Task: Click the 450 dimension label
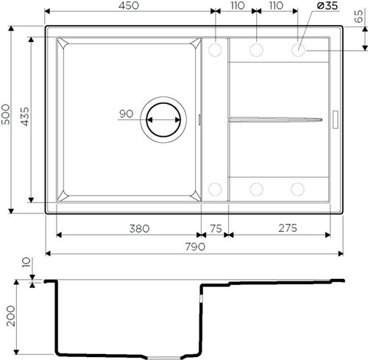(129, 5)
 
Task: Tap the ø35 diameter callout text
(328, 5)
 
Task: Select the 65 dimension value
(358, 16)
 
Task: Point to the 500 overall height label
(6, 114)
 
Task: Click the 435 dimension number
(25, 117)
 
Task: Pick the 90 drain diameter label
(127, 113)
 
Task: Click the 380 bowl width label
(139, 229)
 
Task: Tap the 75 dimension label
(216, 229)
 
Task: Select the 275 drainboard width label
(288, 228)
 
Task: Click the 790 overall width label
(195, 247)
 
